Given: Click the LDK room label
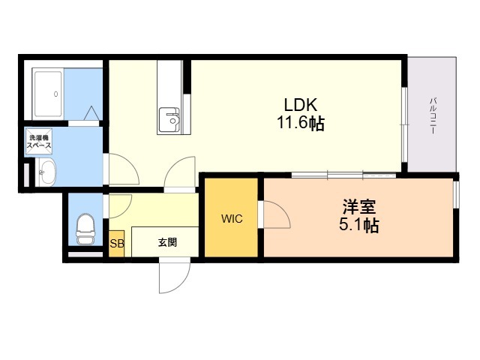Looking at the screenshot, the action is [301, 105].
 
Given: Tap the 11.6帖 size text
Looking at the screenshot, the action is [301, 123].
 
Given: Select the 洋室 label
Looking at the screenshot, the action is [359, 207].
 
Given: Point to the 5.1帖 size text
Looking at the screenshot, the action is [359, 226].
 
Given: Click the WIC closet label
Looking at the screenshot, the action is [232, 218].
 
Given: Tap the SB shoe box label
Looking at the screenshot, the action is [117, 244].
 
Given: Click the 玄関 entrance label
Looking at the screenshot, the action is [167, 243].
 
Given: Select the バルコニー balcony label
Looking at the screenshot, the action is [433, 115].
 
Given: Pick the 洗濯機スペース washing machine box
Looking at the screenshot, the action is [39, 142].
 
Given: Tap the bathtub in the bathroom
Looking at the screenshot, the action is [47, 94].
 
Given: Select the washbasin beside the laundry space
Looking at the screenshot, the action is [46, 173].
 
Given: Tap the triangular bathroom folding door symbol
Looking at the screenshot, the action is [91, 113].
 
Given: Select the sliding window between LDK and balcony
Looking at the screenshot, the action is [405, 124].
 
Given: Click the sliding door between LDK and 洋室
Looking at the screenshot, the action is [343, 175].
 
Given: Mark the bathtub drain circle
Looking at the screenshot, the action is [55, 94].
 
